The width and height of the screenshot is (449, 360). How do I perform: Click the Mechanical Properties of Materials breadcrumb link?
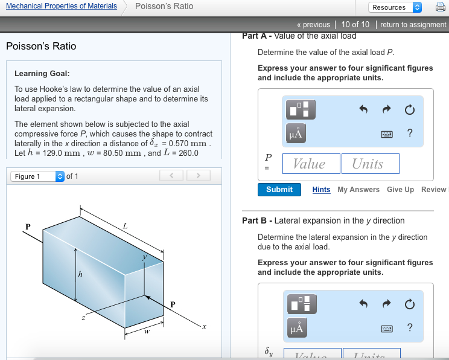(62, 6)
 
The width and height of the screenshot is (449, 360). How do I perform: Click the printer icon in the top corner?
(440, 7)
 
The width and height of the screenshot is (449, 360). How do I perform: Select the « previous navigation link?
(313, 25)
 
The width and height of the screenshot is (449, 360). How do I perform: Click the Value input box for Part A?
(309, 164)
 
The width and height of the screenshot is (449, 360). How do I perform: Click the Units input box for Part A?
(368, 164)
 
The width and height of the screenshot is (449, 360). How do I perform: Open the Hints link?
(321, 190)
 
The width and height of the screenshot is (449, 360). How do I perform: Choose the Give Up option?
(400, 190)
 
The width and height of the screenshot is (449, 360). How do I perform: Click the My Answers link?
(358, 190)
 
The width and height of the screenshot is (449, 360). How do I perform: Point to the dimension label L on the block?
(125, 226)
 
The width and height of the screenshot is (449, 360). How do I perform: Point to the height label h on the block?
(79, 275)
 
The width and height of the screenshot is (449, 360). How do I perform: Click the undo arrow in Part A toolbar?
(363, 110)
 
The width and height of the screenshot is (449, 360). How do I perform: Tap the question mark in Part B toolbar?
(410, 327)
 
